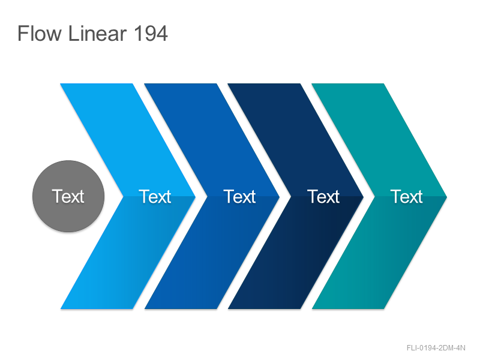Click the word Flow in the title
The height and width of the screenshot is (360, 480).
click(x=40, y=33)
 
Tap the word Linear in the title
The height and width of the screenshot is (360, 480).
click(x=97, y=33)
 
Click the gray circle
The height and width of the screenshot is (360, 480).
click(x=68, y=196)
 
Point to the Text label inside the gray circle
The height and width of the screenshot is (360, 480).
click(x=68, y=196)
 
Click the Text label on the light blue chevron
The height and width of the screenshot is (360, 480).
click(x=155, y=197)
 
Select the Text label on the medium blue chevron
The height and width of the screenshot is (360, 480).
click(x=239, y=197)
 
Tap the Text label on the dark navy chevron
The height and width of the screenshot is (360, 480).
click(x=323, y=197)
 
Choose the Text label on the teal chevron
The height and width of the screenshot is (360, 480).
click(x=407, y=197)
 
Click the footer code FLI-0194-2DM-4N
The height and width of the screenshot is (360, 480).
click(x=436, y=348)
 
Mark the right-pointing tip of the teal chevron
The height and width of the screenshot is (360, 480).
click(x=447, y=197)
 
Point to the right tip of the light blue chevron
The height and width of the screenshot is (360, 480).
click(x=196, y=197)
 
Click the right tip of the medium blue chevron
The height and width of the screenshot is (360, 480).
click(x=280, y=197)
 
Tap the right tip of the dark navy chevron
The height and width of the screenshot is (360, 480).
click(x=364, y=197)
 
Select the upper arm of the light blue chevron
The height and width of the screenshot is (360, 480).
click(x=128, y=140)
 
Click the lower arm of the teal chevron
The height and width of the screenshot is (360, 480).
click(x=380, y=253)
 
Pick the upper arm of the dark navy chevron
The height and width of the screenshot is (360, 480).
click(x=296, y=140)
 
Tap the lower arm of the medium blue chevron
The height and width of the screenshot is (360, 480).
click(x=212, y=253)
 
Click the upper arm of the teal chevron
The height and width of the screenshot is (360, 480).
click(x=380, y=140)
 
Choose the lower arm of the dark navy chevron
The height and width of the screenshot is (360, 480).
click(x=296, y=253)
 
